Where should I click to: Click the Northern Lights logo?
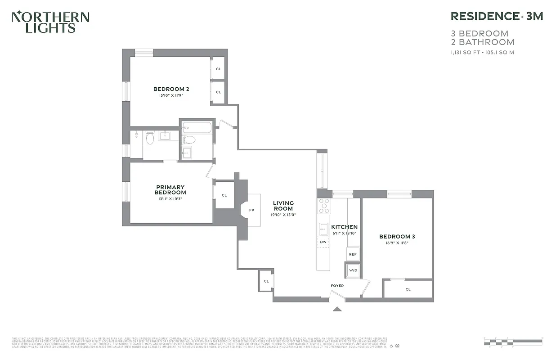pyautogui.click(x=50, y=22)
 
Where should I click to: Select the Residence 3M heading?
pyautogui.click(x=497, y=16)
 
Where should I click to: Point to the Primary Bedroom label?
pyautogui.click(x=170, y=190)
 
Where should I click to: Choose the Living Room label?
pyautogui.click(x=283, y=206)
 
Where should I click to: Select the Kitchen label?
pyautogui.click(x=344, y=227)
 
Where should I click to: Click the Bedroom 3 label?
pyautogui.click(x=397, y=237)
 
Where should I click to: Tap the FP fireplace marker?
pyautogui.click(x=251, y=210)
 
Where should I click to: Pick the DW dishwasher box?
pyautogui.click(x=323, y=242)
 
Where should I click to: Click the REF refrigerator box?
pyautogui.click(x=353, y=254)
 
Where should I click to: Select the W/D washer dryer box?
pyautogui.click(x=353, y=270)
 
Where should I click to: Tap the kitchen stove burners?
pyautogui.click(x=324, y=206)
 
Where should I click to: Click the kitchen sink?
pyautogui.click(x=323, y=228)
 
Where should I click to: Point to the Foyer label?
pyautogui.click(x=337, y=285)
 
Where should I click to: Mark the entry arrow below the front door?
pyautogui.click(x=337, y=309)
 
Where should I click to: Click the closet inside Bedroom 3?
pyautogui.click(x=408, y=289)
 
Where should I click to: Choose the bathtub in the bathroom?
pyautogui.click(x=197, y=128)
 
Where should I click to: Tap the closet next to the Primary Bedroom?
pyautogui.click(x=224, y=195)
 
